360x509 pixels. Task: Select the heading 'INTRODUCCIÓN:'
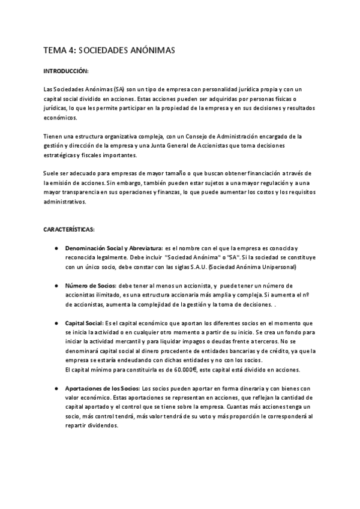click(66, 71)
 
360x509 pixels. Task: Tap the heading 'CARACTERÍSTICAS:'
click(68, 229)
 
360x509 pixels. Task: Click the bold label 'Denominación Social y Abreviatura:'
click(114, 247)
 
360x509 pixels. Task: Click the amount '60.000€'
click(172, 370)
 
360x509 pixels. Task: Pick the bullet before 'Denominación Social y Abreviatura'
click(55, 247)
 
